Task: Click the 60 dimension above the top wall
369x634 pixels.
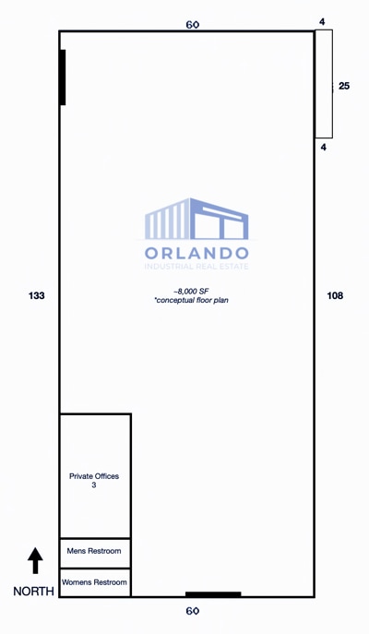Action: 192,25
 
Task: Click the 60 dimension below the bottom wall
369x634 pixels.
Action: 193,611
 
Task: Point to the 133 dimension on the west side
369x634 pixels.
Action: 37,295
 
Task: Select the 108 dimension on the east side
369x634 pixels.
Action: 335,295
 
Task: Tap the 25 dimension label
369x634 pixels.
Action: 344,86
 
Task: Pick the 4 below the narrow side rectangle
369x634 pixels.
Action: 323,147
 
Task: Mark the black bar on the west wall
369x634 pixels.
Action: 63,78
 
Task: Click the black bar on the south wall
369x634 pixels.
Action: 213,594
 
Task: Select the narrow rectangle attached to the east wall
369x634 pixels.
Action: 323,84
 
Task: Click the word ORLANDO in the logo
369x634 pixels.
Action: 196,253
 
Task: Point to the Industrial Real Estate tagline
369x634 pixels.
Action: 196,267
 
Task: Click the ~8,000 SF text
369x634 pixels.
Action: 191,291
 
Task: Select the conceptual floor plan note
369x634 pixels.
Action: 191,301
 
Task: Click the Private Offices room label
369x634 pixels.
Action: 94,476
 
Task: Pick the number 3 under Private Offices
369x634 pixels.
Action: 94,485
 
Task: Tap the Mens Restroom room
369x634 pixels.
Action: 94,552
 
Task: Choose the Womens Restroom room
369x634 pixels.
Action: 94,582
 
